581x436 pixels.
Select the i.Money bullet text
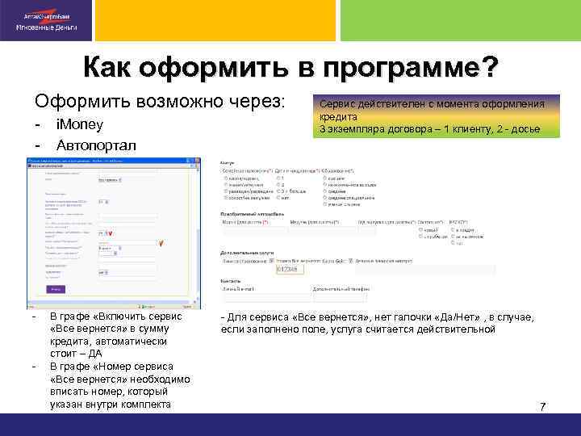tap(79, 126)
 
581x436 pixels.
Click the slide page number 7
tap(542, 405)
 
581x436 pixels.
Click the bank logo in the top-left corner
tap(46, 21)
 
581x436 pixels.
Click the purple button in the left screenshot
tap(56, 288)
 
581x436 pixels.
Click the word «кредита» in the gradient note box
tap(338, 116)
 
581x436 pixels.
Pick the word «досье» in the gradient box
tap(525, 128)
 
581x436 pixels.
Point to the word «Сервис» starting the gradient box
tap(337, 104)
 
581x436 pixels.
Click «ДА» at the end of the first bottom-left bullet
tap(95, 353)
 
